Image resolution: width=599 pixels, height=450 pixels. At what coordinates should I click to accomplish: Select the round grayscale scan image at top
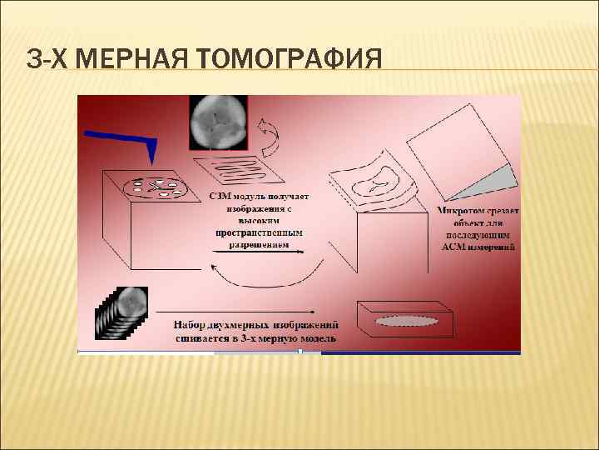coord(218,122)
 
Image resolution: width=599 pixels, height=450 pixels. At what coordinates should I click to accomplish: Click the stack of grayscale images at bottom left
coord(121,313)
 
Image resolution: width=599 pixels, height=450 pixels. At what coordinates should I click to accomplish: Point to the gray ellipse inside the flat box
coord(407,321)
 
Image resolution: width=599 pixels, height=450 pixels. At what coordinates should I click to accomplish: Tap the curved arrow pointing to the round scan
coord(268,137)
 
